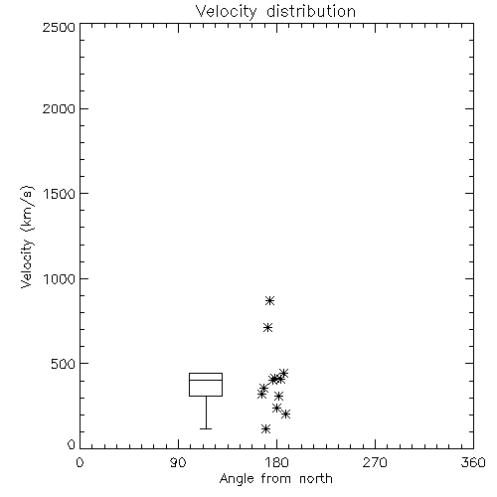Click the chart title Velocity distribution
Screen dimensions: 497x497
275,12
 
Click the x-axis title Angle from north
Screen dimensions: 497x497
275,479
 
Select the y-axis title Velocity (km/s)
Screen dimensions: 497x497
27,237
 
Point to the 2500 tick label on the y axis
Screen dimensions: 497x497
59,27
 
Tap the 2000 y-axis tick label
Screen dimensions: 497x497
59,108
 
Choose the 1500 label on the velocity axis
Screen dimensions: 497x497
60,194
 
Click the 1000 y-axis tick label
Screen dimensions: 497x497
60,279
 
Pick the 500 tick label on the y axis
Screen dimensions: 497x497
64,364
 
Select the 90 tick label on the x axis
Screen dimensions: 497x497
178,462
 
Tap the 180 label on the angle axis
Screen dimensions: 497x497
276,462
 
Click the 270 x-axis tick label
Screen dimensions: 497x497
375,462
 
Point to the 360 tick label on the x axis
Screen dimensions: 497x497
473,462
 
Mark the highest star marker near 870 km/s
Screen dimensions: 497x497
269,300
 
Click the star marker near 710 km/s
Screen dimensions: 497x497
267,328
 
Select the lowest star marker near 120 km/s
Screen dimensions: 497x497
265,429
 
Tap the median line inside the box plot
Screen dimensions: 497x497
206,380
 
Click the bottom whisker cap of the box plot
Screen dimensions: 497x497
206,428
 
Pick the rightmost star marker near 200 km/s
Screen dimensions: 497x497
285,414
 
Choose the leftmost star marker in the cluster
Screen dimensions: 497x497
261,395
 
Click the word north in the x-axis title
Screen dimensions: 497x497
316,479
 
